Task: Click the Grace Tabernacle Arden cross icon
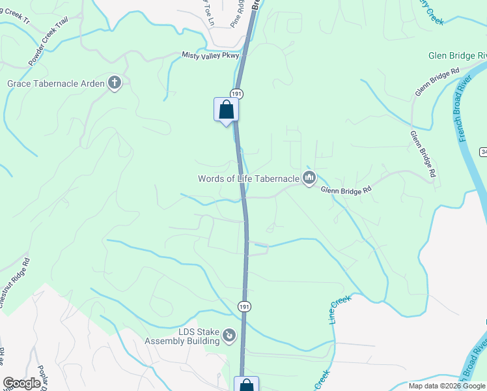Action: pyautogui.click(x=115, y=83)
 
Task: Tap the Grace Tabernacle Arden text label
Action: pyautogui.click(x=56, y=83)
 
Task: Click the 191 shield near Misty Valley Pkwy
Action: pyautogui.click(x=236, y=94)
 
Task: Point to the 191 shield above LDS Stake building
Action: pyautogui.click(x=244, y=306)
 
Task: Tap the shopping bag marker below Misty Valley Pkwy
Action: pyautogui.click(x=226, y=109)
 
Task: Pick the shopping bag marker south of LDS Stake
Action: pyautogui.click(x=246, y=385)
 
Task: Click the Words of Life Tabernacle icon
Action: pyautogui.click(x=309, y=177)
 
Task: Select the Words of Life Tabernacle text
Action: pyautogui.click(x=249, y=178)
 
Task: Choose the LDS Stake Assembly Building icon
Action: pyautogui.click(x=229, y=336)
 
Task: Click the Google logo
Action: pyautogui.click(x=21, y=383)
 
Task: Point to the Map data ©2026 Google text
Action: pyautogui.click(x=447, y=386)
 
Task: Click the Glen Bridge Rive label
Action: pyautogui.click(x=458, y=56)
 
